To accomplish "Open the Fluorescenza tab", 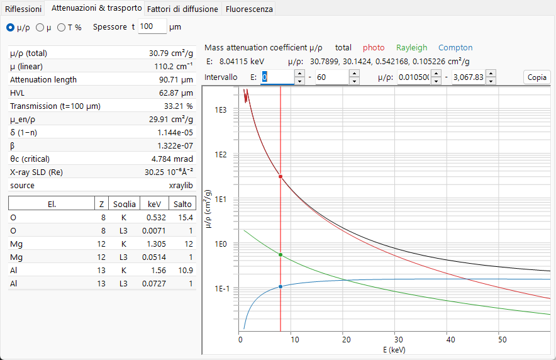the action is tap(249, 9).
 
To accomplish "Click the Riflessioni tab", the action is tap(23, 9).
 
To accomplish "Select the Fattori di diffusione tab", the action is tap(182, 9).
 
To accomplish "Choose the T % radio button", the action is tap(62, 27).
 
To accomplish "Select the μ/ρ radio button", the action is tap(11, 27).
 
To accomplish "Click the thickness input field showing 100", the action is tap(152, 26).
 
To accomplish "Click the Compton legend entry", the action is tap(455, 48).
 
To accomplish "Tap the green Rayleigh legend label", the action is tap(412, 48).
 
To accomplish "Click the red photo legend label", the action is tap(374, 48).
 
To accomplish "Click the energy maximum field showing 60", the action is tap(332, 77).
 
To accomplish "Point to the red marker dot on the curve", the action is tap(281, 176).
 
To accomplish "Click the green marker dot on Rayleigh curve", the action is tap(281, 255).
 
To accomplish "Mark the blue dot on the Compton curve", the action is tap(281, 286).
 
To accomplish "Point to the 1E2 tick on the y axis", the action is tap(220, 155).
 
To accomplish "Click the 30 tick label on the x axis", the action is tap(398, 339).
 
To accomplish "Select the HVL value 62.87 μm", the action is tap(176, 93).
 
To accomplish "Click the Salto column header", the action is tap(182, 204).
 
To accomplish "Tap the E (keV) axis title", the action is tap(394, 350).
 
